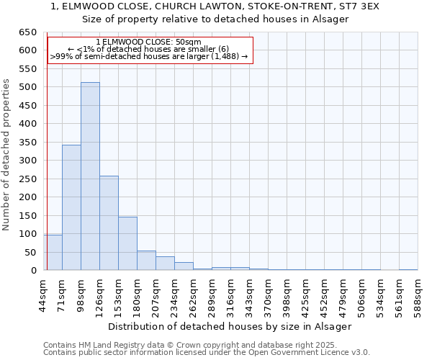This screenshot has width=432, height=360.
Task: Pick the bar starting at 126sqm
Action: pyautogui.click(x=109, y=223)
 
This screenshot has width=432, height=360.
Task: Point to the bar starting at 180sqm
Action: pyautogui.click(x=146, y=261)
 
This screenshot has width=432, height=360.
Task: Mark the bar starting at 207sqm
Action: pyautogui.click(x=165, y=264)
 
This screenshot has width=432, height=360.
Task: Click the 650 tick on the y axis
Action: pyautogui.click(x=27, y=32)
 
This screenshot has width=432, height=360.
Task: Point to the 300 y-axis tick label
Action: pyautogui.click(x=27, y=161)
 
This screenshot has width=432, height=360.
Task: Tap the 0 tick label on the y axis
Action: pyautogui.click(x=33, y=271)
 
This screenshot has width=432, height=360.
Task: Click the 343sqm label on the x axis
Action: pyautogui.click(x=250, y=294)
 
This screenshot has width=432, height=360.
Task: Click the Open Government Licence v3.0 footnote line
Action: pyautogui.click(x=207, y=353)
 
